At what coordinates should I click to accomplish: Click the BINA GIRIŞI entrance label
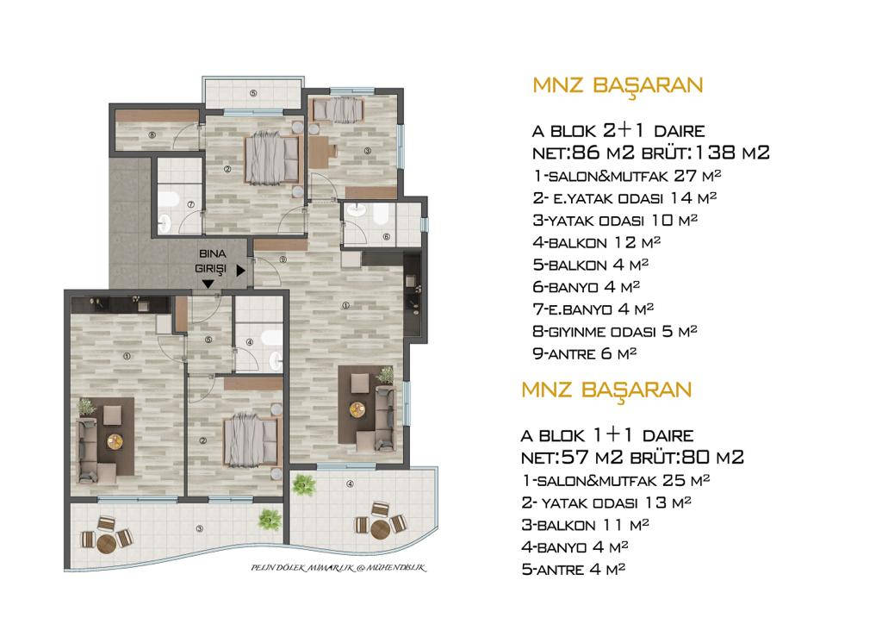coord(212,262)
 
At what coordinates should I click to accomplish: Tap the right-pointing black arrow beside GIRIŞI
coord(241,271)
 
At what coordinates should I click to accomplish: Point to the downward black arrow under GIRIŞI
coord(208,284)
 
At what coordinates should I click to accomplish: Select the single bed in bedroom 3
coord(338,109)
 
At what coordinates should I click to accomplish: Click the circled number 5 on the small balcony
coord(253,93)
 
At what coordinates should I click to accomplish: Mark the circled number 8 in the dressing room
coord(152,134)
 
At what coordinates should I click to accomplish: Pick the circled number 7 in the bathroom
coord(190,204)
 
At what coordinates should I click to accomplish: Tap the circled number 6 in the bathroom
coord(386,237)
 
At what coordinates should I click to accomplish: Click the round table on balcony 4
coord(380,529)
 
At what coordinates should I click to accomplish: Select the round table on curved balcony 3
coord(106,543)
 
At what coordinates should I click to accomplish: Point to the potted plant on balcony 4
coord(304,485)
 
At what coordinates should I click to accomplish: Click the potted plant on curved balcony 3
coord(270,520)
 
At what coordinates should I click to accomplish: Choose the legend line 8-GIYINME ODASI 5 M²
coord(615,331)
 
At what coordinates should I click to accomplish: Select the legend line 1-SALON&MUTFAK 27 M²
coord(627,176)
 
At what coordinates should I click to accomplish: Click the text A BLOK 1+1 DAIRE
coord(607,434)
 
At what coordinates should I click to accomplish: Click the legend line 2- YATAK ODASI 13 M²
coord(606,502)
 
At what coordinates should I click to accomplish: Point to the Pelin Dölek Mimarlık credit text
coord(339,568)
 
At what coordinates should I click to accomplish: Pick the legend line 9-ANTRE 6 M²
coord(585,353)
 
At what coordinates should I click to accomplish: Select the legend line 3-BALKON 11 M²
coord(585,524)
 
